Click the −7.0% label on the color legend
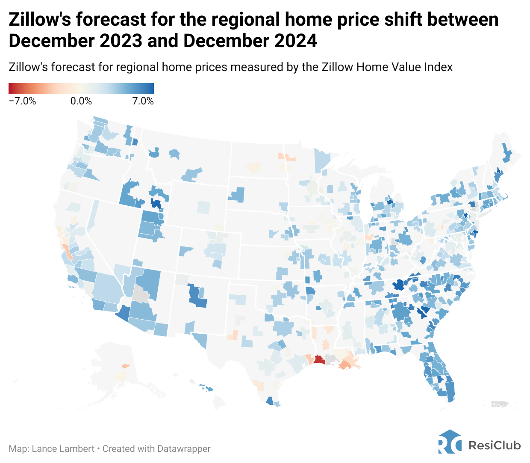22,101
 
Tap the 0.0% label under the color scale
81,101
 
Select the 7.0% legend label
143,101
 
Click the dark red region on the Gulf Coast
319,359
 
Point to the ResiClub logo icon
450,442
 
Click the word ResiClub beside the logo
495,445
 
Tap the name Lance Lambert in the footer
63,449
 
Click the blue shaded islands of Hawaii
206,388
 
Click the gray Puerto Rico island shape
501,404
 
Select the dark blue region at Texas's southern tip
270,401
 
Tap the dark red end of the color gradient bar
12,89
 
